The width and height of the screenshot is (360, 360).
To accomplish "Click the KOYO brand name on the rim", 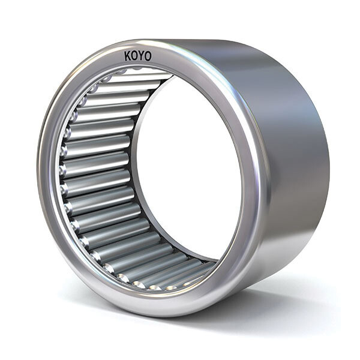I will coord(138,56).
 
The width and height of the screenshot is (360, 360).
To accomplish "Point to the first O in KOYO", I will coord(135,56).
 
